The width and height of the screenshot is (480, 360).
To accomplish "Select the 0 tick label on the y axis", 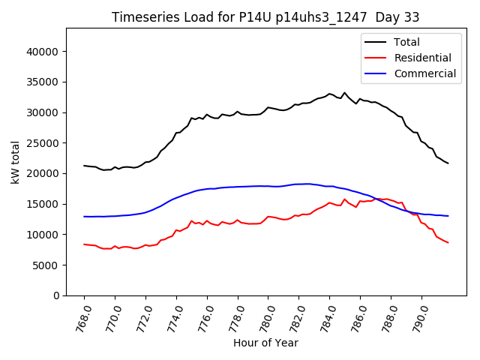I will (57, 295).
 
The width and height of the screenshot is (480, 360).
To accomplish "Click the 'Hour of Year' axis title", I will (265, 343).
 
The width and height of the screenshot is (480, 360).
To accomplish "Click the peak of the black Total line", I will (345, 93).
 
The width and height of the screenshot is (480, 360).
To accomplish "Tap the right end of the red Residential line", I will (448, 242).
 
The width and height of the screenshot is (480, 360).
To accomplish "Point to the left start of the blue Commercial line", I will (84, 217).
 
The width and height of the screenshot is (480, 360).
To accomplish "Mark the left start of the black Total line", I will (84, 166).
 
